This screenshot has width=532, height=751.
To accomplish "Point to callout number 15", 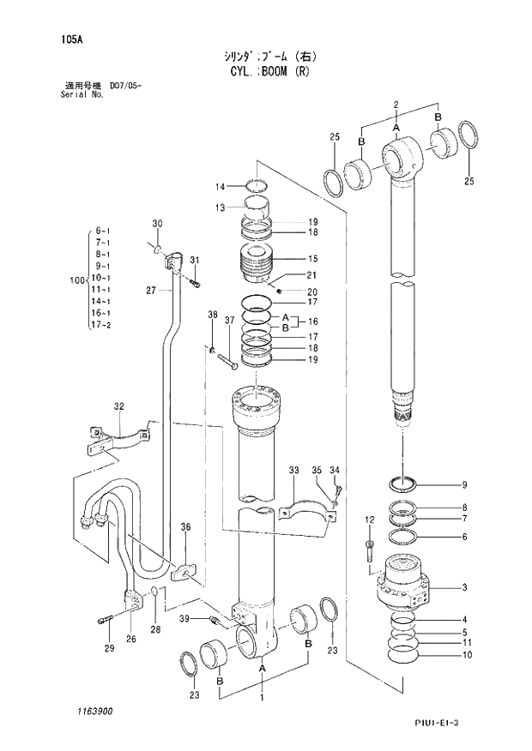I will coord(313,258).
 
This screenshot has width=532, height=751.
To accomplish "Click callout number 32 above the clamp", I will coord(119,406).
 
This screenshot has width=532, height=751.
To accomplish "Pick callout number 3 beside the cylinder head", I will coord(463,587).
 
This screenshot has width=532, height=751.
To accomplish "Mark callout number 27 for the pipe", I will coord(150,291).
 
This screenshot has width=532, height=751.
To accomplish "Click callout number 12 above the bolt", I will coord(370,520).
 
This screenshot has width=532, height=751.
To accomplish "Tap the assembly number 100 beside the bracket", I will coord(76,279).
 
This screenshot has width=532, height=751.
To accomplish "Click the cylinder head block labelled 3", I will coord(405,586).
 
